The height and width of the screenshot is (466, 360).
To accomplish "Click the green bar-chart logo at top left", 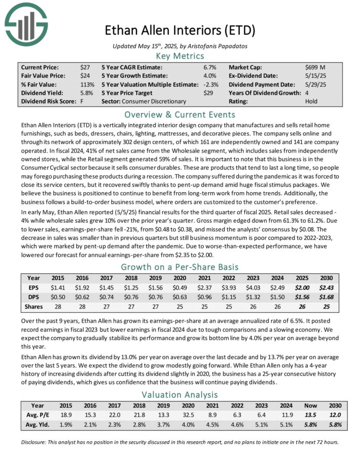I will (26, 24).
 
